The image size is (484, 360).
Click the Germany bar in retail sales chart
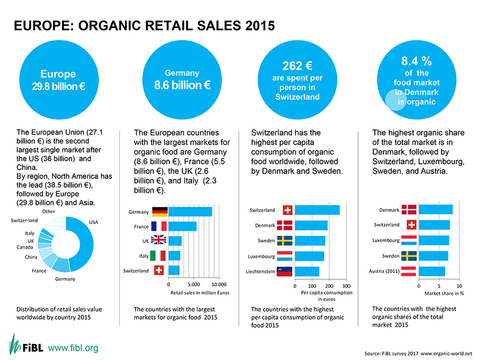190,212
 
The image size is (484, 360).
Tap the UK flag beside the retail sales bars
159,240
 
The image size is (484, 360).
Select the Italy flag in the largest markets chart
159,256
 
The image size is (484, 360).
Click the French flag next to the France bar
159,226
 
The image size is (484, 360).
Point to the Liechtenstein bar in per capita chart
307,271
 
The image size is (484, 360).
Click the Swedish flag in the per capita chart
285,240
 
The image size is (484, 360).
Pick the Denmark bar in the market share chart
435,210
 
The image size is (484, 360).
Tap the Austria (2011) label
383,271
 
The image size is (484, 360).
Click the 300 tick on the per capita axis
346,285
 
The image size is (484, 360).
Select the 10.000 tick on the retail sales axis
219,284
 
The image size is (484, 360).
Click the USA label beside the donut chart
94,221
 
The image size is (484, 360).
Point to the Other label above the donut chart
48,212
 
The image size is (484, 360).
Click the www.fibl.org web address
73,347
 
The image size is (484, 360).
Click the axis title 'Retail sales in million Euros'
200,293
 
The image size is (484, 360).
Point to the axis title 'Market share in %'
444,293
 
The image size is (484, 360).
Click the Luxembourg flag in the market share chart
409,240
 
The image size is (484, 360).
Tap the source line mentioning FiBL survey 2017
418,353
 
